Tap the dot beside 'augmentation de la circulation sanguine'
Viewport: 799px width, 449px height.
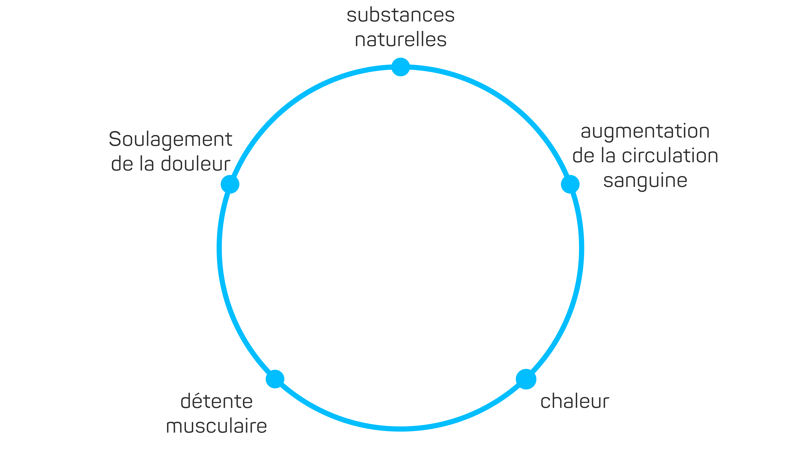[x=570, y=184]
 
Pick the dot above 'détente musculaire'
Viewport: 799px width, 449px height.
[x=275, y=379]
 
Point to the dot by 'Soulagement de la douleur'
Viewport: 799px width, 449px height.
[x=230, y=184]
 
